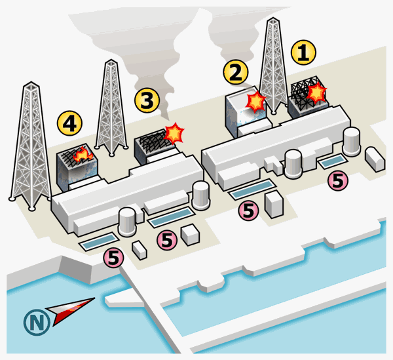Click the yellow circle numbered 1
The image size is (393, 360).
(303, 52)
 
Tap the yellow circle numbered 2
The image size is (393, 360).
(236, 72)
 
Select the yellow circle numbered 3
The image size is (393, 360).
(147, 100)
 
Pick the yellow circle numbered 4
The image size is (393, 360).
(69, 123)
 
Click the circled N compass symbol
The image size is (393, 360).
(37, 322)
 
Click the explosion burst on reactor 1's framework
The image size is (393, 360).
(317, 92)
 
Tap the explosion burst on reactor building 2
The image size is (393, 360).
(255, 102)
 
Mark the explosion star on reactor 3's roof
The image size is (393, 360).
(174, 133)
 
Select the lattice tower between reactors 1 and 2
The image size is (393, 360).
(273, 66)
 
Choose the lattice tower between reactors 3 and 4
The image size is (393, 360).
(111, 108)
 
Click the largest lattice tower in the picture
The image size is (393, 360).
(31, 146)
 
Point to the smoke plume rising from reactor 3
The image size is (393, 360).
(140, 50)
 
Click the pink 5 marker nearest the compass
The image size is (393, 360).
(113, 258)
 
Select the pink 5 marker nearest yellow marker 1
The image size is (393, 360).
(338, 180)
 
